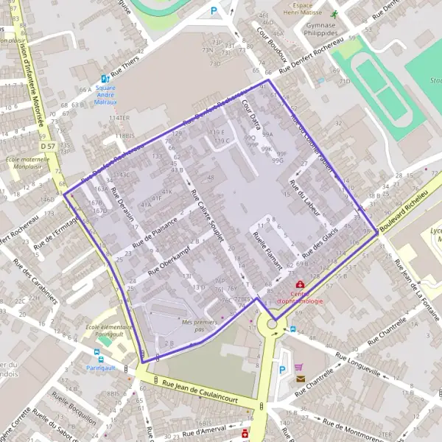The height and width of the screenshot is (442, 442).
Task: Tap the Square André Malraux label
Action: pos(105,94)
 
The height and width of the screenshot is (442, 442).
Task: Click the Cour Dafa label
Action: pos(252,115)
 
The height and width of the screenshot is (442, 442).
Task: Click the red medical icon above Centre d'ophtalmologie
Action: pos(300,284)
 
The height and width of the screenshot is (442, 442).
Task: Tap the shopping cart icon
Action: pos(298,367)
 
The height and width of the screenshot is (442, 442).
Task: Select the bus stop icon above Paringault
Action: pos(91,359)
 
